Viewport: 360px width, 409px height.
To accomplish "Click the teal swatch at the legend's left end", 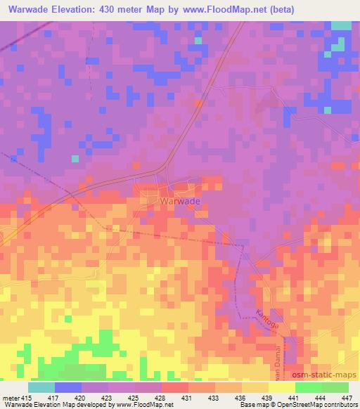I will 41,387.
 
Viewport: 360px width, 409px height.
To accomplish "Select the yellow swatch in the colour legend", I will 281,387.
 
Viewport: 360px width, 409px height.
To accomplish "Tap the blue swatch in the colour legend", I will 68,387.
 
